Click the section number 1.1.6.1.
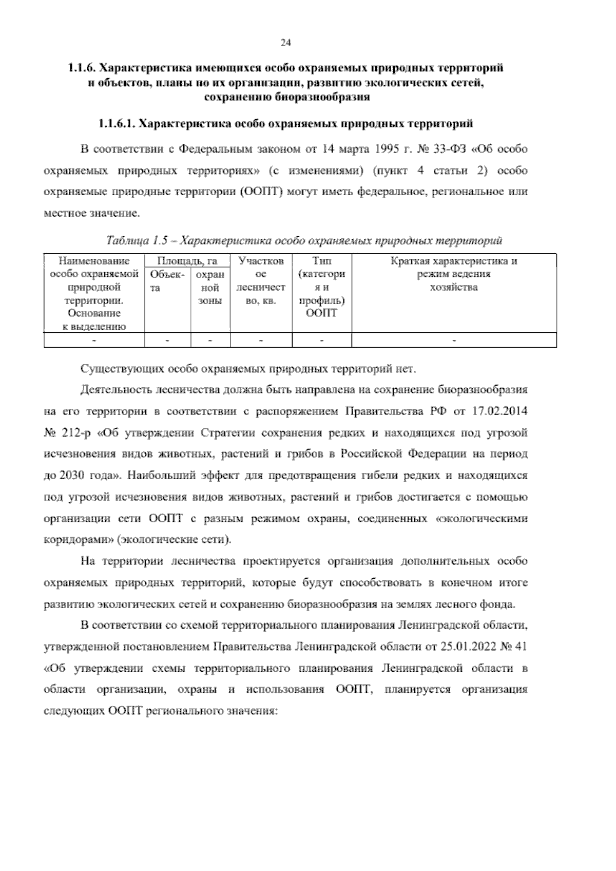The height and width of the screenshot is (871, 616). pos(117,124)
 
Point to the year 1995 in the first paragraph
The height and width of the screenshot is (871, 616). pos(389,149)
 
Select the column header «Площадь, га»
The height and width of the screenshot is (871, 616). pos(187,261)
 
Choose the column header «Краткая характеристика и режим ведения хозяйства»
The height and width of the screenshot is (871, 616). pos(454,274)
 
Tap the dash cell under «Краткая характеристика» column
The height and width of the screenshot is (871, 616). pos(454,340)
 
